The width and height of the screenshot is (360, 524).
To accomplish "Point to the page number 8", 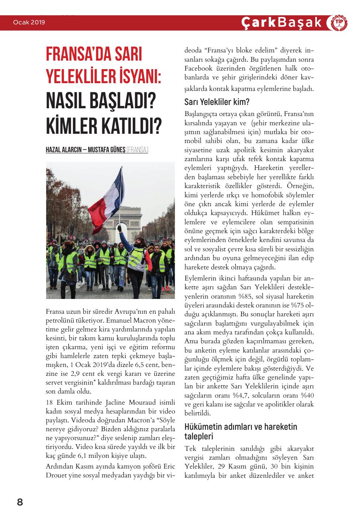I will coord(20,502).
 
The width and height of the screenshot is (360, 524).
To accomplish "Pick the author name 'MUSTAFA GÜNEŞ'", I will coord(107,150).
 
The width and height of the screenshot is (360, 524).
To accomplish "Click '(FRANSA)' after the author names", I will coord(137,150).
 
